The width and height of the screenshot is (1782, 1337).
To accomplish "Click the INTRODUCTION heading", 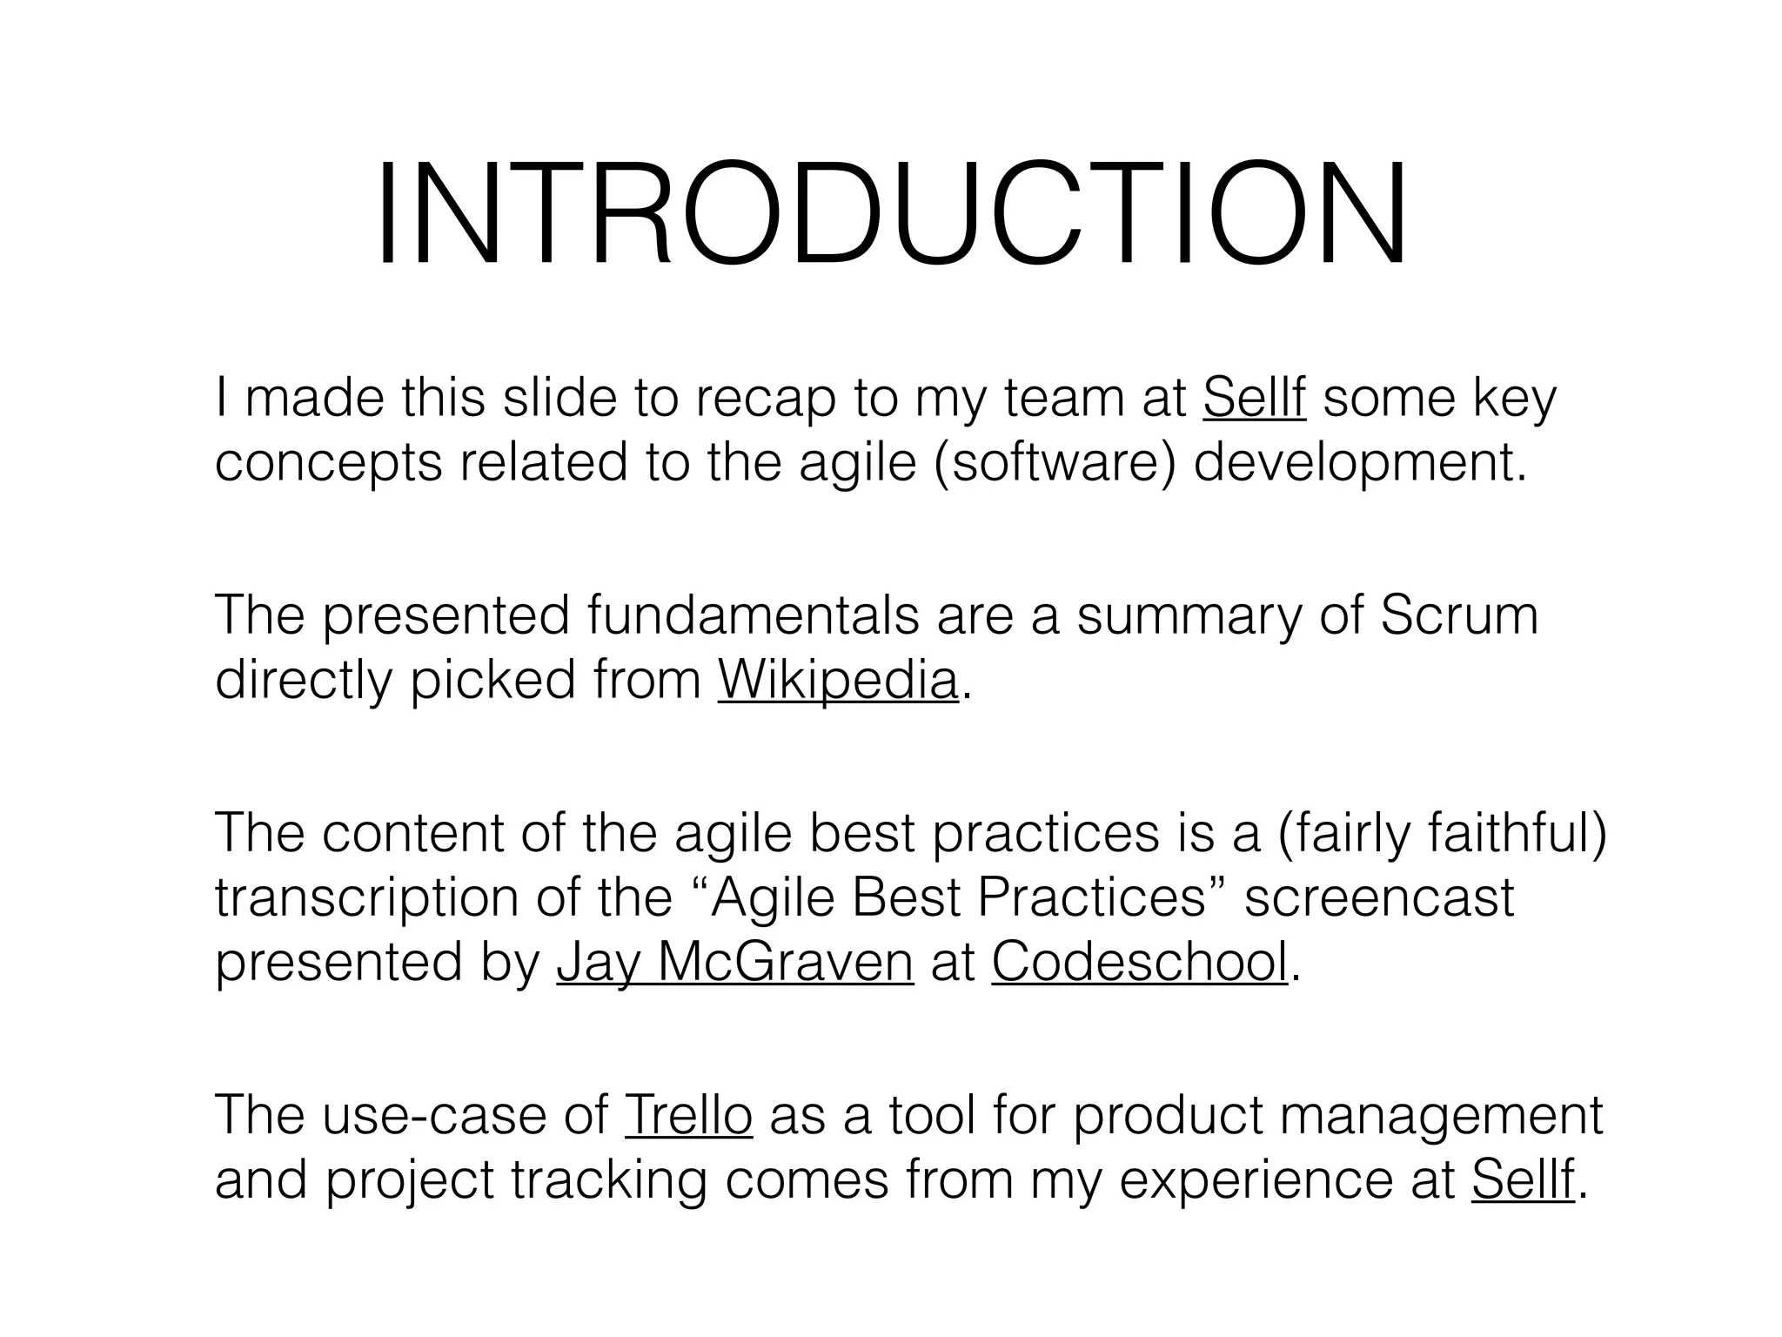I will (x=891, y=215).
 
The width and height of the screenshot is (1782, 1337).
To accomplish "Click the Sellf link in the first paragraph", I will (x=1254, y=398).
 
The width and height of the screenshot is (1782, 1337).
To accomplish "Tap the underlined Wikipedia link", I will (x=838, y=680).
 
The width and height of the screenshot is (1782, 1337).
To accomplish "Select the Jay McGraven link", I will (x=735, y=962).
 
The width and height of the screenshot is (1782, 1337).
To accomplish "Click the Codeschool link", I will (x=1139, y=962).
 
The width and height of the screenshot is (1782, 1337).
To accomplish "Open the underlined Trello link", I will (x=688, y=1115).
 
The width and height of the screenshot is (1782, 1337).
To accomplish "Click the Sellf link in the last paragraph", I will (x=1523, y=1179).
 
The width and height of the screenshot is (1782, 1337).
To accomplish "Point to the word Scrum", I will (x=1459, y=615).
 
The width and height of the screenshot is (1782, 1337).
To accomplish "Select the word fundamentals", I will (x=753, y=615).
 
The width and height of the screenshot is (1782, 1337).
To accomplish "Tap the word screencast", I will (x=1379, y=897).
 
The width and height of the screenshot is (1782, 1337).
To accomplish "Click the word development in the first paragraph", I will (x=1360, y=462).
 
